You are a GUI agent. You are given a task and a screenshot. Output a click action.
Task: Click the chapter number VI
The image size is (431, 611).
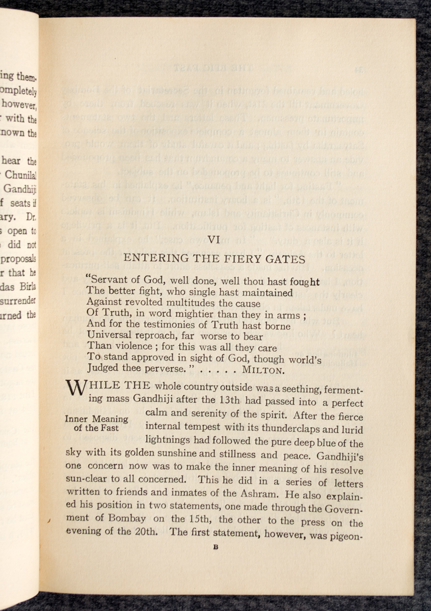(214, 239)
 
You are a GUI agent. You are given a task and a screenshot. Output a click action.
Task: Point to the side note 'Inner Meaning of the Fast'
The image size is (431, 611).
(96, 424)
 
